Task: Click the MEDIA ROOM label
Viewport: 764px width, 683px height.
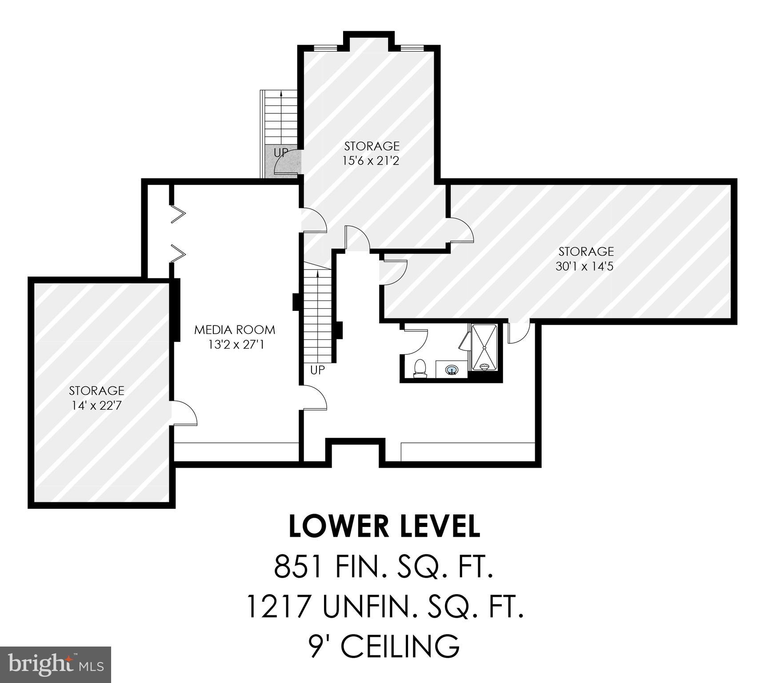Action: point(235,329)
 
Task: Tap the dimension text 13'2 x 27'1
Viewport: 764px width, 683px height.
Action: point(236,345)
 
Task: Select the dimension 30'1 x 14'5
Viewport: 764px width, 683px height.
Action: point(585,266)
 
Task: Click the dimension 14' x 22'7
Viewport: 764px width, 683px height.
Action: point(96,406)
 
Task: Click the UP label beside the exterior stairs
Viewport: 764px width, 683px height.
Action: point(280,153)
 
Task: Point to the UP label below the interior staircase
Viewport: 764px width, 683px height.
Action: point(317,370)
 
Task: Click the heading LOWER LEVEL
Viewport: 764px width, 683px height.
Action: point(384,526)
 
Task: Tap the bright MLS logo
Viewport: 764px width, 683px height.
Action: point(55,665)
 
